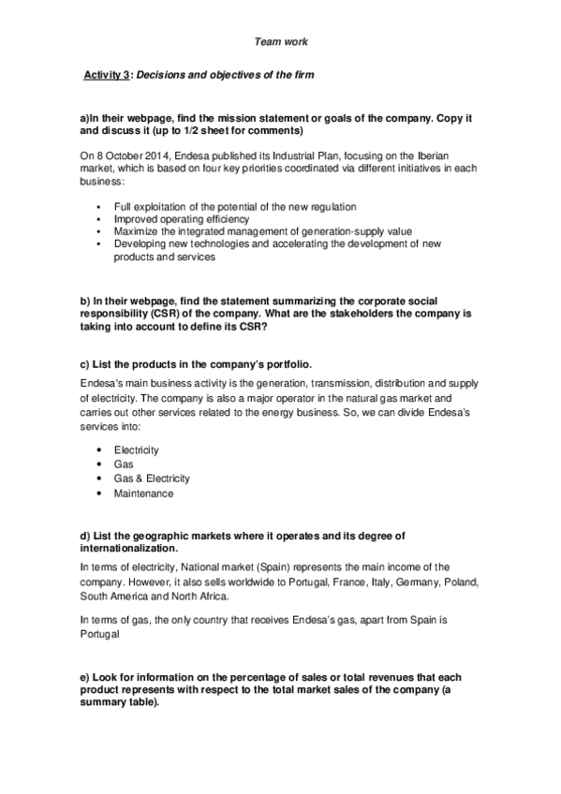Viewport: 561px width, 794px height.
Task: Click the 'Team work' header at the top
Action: (x=280, y=42)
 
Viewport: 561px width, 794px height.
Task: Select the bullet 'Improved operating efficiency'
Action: (x=179, y=218)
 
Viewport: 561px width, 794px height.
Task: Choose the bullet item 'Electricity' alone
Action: (x=137, y=450)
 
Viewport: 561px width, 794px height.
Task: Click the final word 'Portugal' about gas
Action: (x=102, y=633)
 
